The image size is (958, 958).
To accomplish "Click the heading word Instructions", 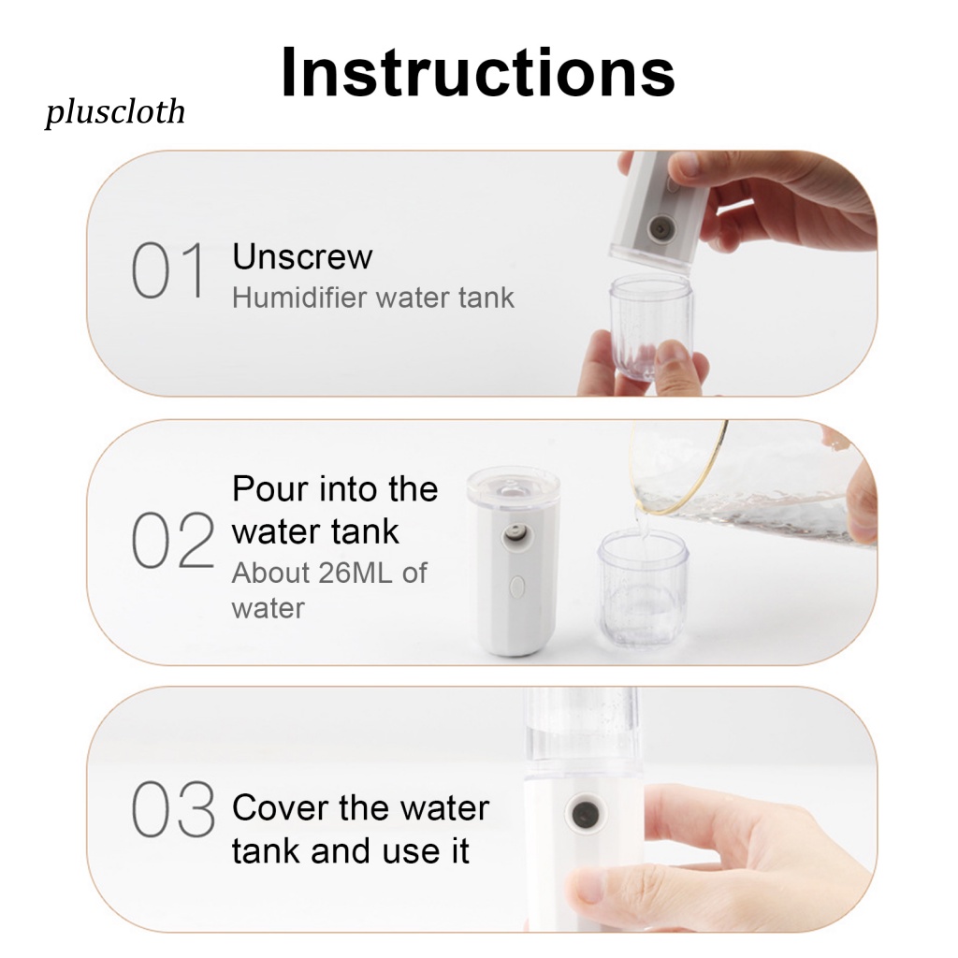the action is (x=478, y=72).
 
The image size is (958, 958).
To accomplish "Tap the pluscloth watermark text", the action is (x=115, y=112).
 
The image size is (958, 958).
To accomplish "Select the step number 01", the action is (x=168, y=269).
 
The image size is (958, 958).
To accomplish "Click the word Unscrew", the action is (x=302, y=256).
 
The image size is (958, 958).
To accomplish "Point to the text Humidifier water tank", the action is (x=372, y=298).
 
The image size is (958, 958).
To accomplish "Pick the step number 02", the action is (x=173, y=540).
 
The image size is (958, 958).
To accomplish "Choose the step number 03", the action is (x=173, y=809).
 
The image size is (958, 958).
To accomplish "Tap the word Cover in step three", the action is (x=281, y=807).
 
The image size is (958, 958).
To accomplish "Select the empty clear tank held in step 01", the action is (x=651, y=327).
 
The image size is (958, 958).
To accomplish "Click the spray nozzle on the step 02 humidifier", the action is (x=516, y=538).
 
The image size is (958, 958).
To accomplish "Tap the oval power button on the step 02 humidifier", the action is (x=516, y=588).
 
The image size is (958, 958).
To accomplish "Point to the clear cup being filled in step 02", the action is (x=643, y=588).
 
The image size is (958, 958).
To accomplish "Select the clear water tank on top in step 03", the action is (x=580, y=735).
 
